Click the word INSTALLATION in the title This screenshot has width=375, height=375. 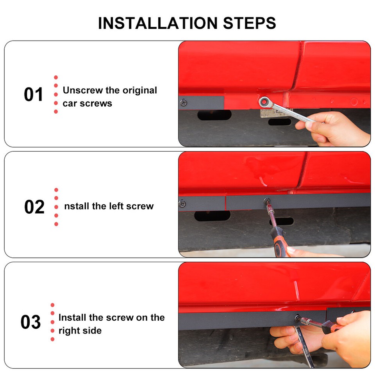[x=158, y=23]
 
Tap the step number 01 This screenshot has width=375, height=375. [x=34, y=95]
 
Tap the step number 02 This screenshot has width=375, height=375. [x=34, y=207]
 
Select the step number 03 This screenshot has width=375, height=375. [x=31, y=322]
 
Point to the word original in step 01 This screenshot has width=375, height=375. [x=139, y=90]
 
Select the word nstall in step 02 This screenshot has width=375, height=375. [x=77, y=206]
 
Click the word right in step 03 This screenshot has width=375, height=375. [x=69, y=330]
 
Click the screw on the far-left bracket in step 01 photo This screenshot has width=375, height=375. [x=184, y=103]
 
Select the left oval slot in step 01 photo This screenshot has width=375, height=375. [x=214, y=115]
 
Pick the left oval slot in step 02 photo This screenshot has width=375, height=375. [x=212, y=216]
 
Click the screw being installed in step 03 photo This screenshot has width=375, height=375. [x=297, y=318]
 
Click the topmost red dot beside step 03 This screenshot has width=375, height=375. [x=53, y=305]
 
